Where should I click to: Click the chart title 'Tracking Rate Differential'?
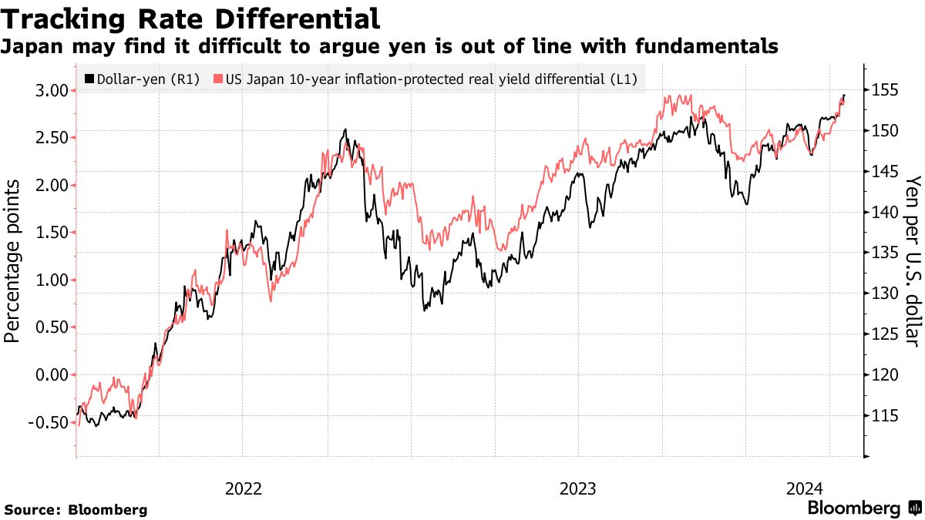tap(192, 18)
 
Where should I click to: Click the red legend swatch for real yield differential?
tap(218, 79)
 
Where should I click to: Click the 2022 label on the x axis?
tap(244, 488)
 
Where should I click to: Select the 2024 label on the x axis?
tap(805, 488)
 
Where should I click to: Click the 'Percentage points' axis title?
tap(13, 260)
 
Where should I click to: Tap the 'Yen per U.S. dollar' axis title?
tap(913, 260)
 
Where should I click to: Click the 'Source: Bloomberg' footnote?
tap(76, 509)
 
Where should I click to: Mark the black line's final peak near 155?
tap(844, 96)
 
